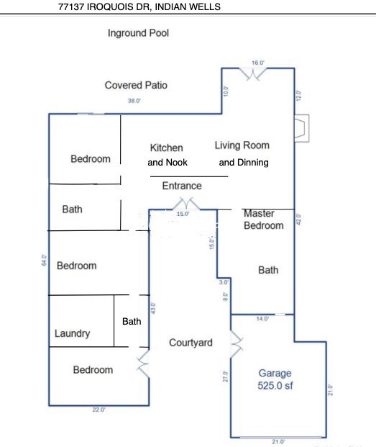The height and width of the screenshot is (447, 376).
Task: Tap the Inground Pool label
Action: (x=138, y=33)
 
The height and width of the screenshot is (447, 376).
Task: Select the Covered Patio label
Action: (x=136, y=85)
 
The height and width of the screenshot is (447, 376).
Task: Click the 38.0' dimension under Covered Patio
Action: (x=134, y=101)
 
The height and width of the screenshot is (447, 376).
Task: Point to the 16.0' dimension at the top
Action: (x=258, y=63)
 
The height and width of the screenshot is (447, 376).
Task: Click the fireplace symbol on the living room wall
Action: (x=302, y=128)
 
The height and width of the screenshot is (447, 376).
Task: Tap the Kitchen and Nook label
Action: (x=167, y=155)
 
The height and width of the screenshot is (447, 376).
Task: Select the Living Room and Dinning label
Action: (x=242, y=153)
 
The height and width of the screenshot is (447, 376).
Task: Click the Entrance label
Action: (x=182, y=186)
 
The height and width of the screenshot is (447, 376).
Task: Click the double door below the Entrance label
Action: (x=186, y=204)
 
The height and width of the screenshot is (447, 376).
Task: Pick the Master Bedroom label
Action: (x=264, y=220)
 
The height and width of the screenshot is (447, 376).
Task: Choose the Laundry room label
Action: (x=73, y=333)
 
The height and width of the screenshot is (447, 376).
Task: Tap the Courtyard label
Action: (x=191, y=343)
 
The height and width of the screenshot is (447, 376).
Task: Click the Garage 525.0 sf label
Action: (x=275, y=379)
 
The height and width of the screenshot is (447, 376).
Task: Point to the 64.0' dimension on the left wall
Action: (x=44, y=260)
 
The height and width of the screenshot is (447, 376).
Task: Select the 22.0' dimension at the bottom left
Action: (x=98, y=410)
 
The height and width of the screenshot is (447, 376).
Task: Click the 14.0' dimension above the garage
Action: (x=262, y=319)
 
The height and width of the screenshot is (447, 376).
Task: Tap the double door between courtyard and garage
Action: (x=237, y=344)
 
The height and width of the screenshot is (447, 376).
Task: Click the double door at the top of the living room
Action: (x=253, y=74)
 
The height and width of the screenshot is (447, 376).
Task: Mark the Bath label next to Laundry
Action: (x=132, y=322)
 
